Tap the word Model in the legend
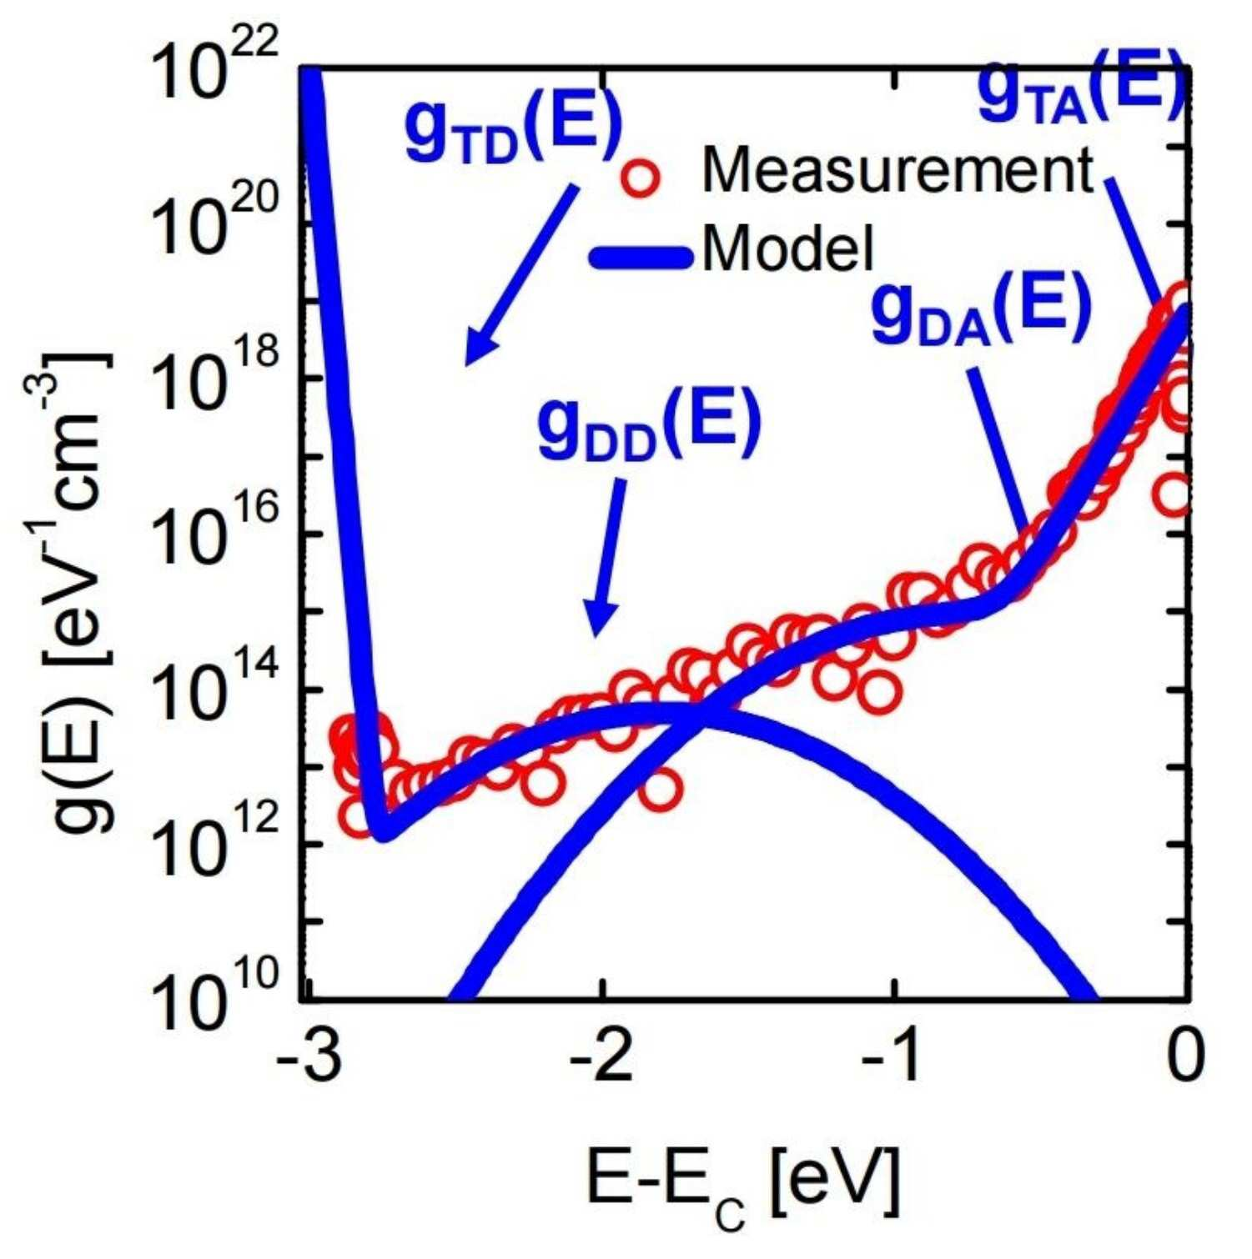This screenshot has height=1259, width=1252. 787,248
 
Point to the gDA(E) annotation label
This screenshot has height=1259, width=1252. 980,312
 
